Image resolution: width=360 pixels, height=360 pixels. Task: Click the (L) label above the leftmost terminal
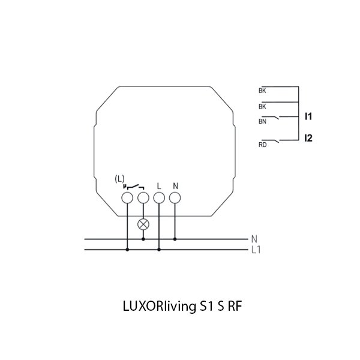tap(119, 179)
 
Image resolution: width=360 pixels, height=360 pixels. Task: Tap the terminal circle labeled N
tap(175, 197)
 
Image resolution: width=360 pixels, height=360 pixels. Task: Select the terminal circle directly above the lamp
tap(143, 197)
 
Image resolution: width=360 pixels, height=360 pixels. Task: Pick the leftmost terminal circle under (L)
tap(127, 197)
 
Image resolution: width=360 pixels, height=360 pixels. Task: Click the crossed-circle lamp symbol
tap(143, 224)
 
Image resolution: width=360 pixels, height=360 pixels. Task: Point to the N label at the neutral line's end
tap(254, 238)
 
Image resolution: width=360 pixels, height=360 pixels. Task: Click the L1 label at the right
tap(256, 249)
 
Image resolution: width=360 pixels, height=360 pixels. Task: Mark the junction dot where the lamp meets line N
tap(143, 239)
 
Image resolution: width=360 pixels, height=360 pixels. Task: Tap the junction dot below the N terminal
tap(175, 239)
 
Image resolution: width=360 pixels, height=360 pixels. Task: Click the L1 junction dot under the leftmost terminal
tap(127, 249)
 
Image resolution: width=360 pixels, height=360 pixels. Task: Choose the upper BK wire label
tap(262, 91)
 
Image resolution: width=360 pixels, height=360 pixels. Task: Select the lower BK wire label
tap(262, 106)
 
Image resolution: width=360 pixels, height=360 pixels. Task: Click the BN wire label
tap(262, 121)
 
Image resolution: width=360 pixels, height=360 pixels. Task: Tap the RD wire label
tap(262, 144)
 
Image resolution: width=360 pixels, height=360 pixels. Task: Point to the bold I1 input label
tap(308, 115)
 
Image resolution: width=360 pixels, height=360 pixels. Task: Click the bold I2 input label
tap(308, 139)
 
